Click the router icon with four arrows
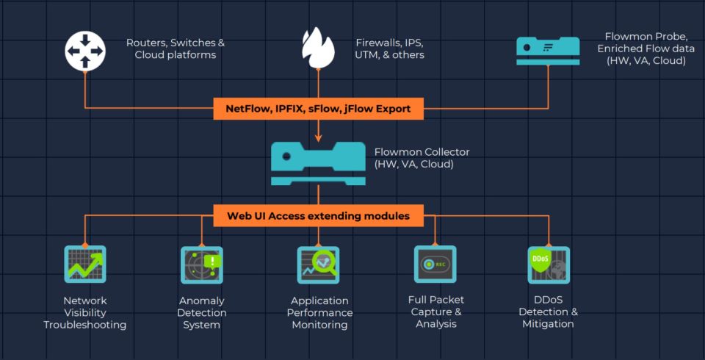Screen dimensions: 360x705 (85, 49)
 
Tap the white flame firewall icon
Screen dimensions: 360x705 (318, 48)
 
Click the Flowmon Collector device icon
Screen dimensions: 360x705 (318, 162)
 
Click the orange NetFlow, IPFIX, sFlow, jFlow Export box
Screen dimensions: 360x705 (318, 109)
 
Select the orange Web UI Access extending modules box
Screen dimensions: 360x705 (318, 216)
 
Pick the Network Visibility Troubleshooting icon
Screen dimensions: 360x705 (85, 264)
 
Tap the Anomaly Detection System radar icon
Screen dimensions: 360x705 (201, 264)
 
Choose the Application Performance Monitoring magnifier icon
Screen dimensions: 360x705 (318, 264)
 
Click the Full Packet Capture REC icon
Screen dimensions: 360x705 (435, 264)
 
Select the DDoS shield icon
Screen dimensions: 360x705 (549, 264)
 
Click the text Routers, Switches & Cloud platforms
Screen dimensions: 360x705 (175, 49)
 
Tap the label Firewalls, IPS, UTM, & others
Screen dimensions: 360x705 (389, 49)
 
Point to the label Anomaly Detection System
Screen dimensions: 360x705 (201, 312)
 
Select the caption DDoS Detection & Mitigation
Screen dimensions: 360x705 (549, 312)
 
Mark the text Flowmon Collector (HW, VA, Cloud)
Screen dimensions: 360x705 (422, 158)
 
